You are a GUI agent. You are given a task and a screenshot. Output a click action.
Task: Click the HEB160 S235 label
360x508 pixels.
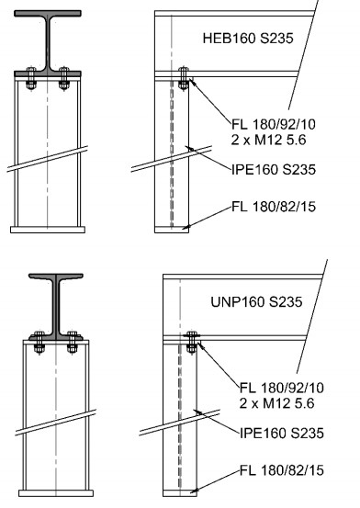pyautogui.click(x=248, y=38)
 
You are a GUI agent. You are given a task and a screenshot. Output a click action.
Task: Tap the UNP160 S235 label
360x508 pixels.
pyautogui.click(x=256, y=302)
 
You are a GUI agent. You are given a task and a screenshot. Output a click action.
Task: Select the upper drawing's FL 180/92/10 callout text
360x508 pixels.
pyautogui.click(x=274, y=124)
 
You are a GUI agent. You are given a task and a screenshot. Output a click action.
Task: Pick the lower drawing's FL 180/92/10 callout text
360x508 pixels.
pyautogui.click(x=282, y=388)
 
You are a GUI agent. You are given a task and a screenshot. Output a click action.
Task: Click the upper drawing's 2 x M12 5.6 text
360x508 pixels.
pyautogui.click(x=269, y=140)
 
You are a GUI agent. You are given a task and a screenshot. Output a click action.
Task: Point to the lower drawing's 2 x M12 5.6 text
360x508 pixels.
pyautogui.click(x=276, y=403)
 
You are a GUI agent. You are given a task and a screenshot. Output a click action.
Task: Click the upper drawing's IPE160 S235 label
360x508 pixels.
pyautogui.click(x=274, y=169)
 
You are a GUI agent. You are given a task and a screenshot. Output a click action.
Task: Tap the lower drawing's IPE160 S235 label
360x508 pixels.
pyautogui.click(x=282, y=434)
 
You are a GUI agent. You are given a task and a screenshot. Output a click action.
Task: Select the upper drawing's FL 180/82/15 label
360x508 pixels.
pyautogui.click(x=274, y=207)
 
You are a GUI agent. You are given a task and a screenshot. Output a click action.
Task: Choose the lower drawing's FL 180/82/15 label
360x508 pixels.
pyautogui.click(x=282, y=470)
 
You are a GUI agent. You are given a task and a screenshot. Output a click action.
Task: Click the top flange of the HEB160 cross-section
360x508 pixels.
pyautogui.click(x=48, y=14)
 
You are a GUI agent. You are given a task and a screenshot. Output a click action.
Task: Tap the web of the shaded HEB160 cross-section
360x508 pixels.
pyautogui.click(x=48, y=42)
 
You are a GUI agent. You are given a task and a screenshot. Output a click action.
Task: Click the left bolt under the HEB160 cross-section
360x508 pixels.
pyautogui.click(x=31, y=78)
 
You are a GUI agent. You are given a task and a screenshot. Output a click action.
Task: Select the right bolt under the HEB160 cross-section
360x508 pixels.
pyautogui.click(x=64, y=78)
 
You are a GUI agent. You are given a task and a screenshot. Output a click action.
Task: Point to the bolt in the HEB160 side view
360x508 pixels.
pyautogui.click(x=184, y=78)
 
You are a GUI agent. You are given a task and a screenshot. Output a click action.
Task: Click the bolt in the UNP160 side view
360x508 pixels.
pyautogui.click(x=192, y=342)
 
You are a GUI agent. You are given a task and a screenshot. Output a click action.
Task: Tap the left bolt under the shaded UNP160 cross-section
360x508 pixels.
pyautogui.click(x=39, y=343)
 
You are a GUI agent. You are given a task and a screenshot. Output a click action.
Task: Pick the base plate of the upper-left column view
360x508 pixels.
pyautogui.click(x=48, y=230)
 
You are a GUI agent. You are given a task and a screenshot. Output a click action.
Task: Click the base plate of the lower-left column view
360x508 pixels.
pyautogui.click(x=56, y=493)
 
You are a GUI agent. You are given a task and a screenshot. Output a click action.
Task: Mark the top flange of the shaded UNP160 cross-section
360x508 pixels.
pyautogui.click(x=56, y=277)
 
